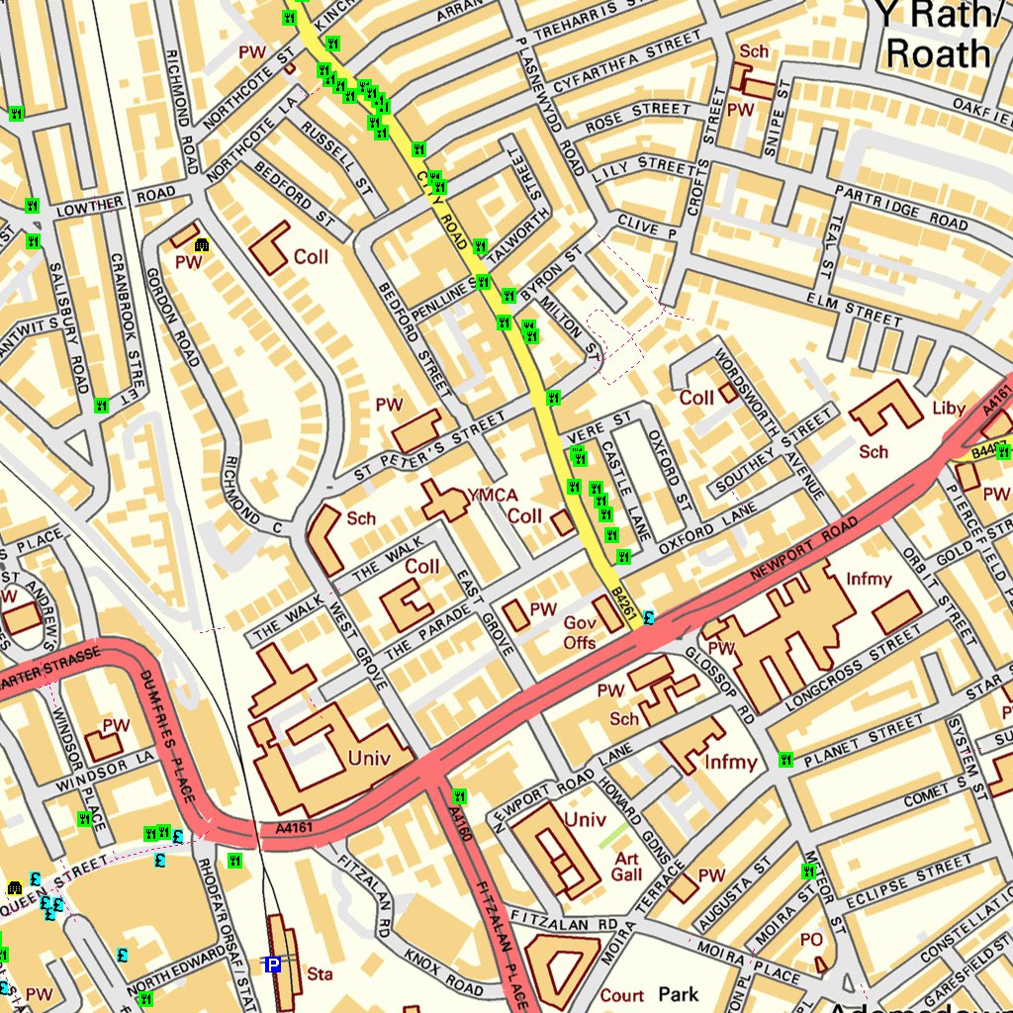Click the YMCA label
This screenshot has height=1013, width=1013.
[492, 494]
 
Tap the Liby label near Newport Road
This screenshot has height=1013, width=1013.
[948, 408]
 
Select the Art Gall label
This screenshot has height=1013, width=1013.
[627, 867]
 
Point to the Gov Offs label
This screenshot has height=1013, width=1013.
[580, 633]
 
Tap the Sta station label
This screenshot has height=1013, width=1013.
[320, 974]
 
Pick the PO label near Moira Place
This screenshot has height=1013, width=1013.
[810, 938]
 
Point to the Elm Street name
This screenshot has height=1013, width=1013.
[854, 307]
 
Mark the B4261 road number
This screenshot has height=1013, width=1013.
[622, 604]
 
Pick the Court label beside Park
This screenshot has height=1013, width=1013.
[621, 995]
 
